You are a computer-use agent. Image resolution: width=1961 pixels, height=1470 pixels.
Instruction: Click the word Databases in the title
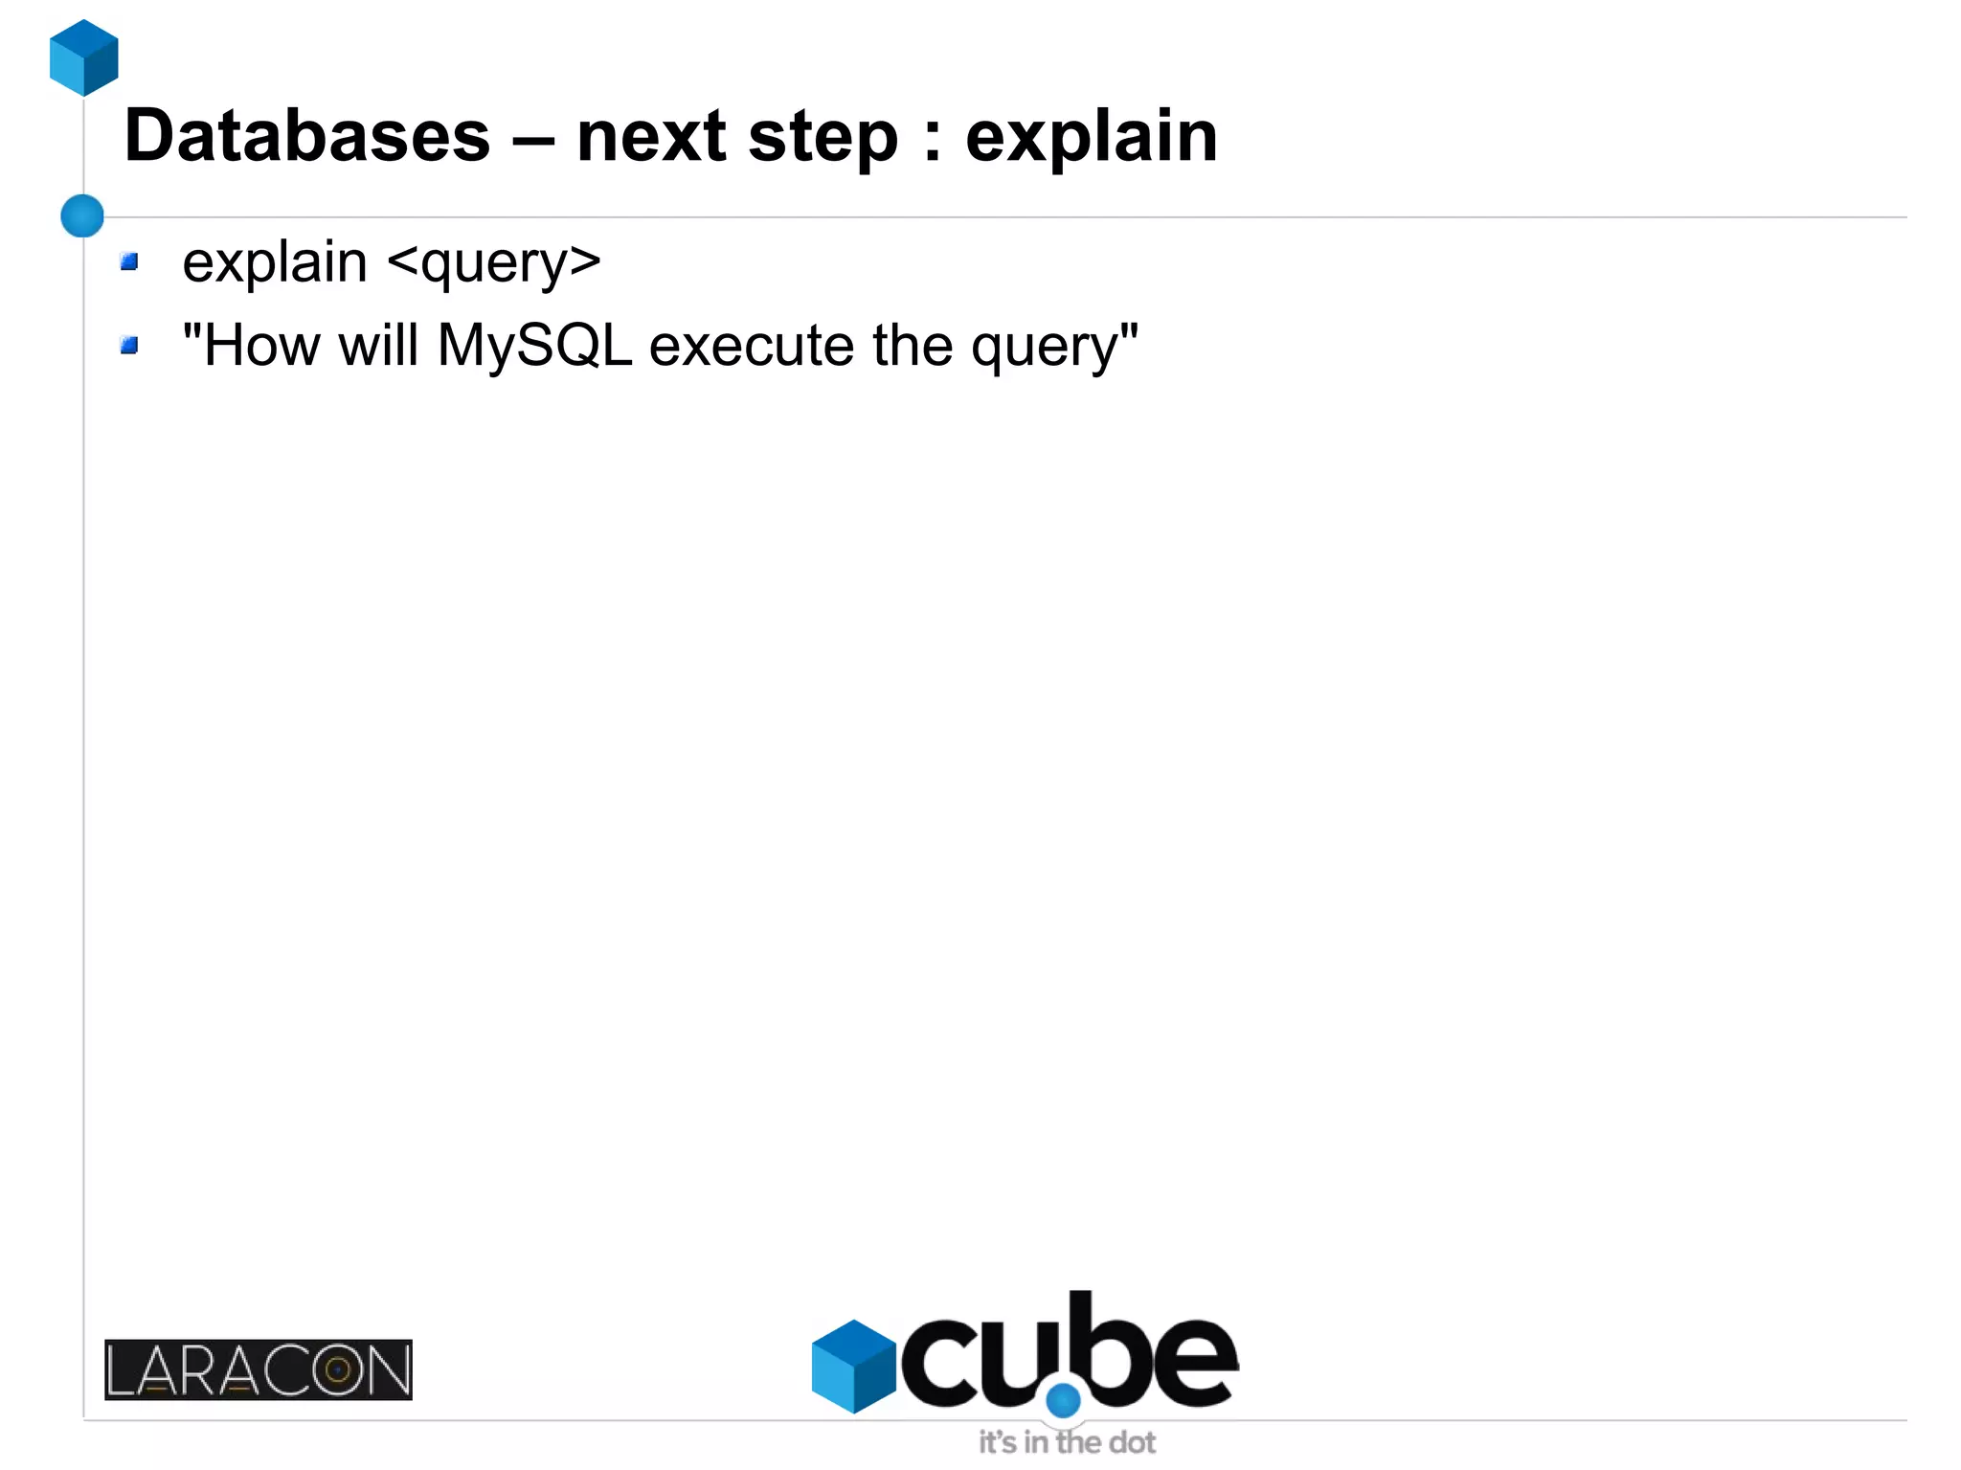pyautogui.click(x=306, y=136)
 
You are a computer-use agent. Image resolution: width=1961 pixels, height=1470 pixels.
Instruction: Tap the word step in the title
pyautogui.click(x=823, y=136)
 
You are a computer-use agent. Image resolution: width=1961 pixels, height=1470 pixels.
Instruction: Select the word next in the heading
pyautogui.click(x=651, y=136)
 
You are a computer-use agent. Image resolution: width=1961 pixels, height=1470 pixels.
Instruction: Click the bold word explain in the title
pyautogui.click(x=1091, y=136)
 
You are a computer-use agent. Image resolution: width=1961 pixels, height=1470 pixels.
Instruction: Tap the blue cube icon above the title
pyautogui.click(x=84, y=57)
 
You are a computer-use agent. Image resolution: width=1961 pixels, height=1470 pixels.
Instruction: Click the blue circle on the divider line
pyautogui.click(x=82, y=215)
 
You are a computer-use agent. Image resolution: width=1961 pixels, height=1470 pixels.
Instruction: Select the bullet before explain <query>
pyautogui.click(x=129, y=261)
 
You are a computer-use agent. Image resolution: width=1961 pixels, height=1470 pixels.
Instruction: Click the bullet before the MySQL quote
pyautogui.click(x=129, y=345)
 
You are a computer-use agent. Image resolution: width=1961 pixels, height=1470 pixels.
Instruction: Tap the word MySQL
pyautogui.click(x=534, y=346)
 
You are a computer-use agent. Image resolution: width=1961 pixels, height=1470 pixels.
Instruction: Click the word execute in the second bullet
pyautogui.click(x=752, y=346)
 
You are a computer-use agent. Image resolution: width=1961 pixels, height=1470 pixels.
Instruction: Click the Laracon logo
pyautogui.click(x=259, y=1369)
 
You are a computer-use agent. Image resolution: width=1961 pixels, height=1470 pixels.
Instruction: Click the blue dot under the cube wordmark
pyautogui.click(x=1063, y=1400)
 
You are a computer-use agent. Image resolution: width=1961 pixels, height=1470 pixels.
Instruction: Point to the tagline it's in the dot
pyautogui.click(x=1067, y=1442)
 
